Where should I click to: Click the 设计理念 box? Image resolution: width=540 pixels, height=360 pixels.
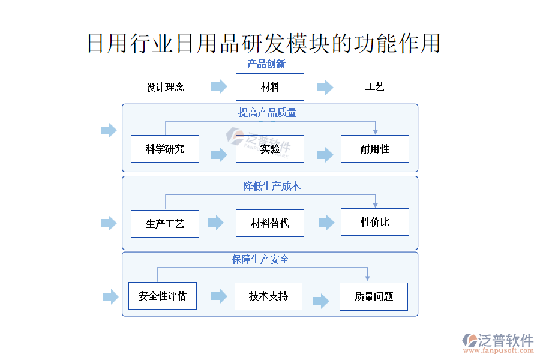pos(165,87)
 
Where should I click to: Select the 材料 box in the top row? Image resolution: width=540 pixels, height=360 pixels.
pos(269,87)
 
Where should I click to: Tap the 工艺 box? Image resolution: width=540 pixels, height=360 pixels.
pos(374,86)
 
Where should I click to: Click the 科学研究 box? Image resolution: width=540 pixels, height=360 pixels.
pos(165,149)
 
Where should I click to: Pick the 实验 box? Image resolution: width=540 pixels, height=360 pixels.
pos(269,149)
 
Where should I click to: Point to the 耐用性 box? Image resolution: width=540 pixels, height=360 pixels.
pos(374,149)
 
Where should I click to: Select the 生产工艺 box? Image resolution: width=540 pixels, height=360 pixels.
pos(165,224)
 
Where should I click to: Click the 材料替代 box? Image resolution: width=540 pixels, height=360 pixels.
pos(269,223)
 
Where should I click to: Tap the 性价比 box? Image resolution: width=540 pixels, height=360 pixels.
pos(374,222)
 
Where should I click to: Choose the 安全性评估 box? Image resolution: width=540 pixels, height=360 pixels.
pos(163,296)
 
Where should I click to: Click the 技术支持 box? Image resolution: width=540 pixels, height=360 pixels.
pos(268,296)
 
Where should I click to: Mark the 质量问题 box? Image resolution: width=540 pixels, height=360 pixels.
pos(373,296)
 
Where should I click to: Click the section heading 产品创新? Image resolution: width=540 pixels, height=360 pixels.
pos(266,64)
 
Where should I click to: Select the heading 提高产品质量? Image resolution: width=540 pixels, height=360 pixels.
pos(267,112)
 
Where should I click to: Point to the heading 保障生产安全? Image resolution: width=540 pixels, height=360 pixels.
pos(261,259)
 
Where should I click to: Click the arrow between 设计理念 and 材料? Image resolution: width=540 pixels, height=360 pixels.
pos(219,86)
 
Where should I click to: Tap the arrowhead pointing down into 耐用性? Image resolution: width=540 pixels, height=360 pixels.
pos(375,131)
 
